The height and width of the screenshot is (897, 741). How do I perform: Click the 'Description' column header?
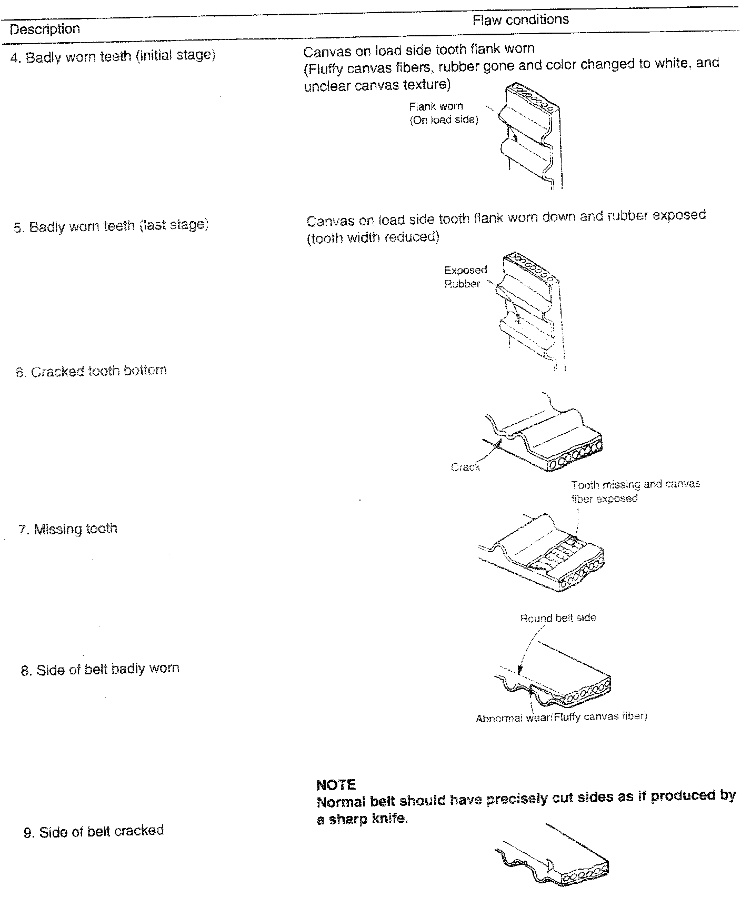point(45,29)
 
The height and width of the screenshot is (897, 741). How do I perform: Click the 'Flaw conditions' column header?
point(520,20)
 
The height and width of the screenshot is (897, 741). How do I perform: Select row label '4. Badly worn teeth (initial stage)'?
point(113,56)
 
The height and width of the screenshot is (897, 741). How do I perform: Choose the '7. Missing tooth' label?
point(75,529)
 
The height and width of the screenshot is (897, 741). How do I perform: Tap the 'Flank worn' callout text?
point(436,106)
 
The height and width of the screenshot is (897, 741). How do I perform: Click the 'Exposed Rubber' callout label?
point(465,277)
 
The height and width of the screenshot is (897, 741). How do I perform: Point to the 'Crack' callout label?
point(465,467)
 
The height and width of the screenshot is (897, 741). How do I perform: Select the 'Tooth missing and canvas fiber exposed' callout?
point(635,491)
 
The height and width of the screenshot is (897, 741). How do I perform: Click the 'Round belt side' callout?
point(558,617)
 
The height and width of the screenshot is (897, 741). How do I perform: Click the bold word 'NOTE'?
point(336,785)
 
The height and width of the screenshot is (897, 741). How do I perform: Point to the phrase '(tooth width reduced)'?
point(373,237)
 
